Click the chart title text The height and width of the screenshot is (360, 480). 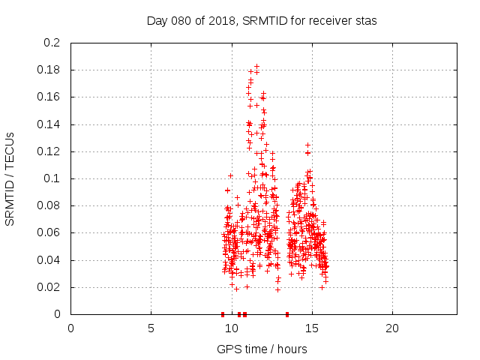coord(261,21)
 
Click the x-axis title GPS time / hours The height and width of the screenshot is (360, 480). coord(262,349)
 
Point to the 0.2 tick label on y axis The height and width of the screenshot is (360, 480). coord(52,43)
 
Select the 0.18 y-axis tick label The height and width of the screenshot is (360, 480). coord(49,70)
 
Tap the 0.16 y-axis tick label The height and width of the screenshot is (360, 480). coord(49,97)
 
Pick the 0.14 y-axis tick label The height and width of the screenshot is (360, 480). coord(49,124)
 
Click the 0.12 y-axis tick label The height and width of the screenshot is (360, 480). coord(49,151)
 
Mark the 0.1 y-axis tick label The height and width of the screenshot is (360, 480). coord(52,178)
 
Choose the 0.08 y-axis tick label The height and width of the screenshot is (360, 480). coord(49,205)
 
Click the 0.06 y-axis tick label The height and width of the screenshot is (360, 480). coord(49,233)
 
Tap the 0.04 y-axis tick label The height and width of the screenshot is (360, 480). coord(49,260)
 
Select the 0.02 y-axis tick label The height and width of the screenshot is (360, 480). coord(49,287)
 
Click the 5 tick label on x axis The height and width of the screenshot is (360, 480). coord(151,328)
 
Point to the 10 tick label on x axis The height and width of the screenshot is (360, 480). coord(231,328)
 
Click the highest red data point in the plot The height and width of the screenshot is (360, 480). coord(256,66)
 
